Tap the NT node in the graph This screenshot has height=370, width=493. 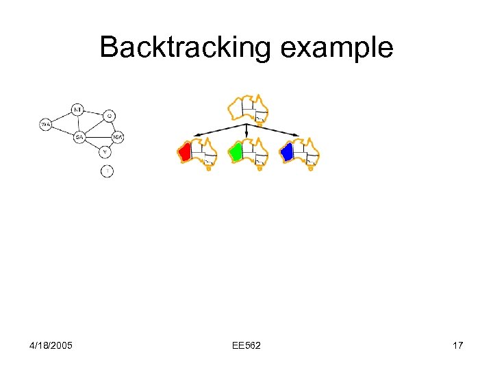[78, 110]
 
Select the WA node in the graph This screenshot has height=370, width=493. [46, 124]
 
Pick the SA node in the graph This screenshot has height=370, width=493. [79, 137]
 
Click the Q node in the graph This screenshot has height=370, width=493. [110, 115]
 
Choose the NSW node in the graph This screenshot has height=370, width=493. [118, 137]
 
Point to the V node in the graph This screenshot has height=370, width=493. [105, 151]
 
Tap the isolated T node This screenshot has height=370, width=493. [107, 171]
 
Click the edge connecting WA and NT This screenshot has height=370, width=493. [62, 117]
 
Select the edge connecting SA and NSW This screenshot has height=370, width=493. [99, 137]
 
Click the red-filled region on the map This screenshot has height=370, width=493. [184, 152]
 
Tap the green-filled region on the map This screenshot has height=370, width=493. [236, 152]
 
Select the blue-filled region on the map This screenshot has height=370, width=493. [288, 152]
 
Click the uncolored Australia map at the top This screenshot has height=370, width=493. [248, 109]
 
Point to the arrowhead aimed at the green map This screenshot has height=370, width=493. [247, 136]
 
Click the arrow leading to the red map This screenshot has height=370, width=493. [219, 131]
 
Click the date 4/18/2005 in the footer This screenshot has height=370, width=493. [51, 345]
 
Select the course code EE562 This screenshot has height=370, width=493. [246, 345]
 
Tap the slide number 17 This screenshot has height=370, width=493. [457, 345]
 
